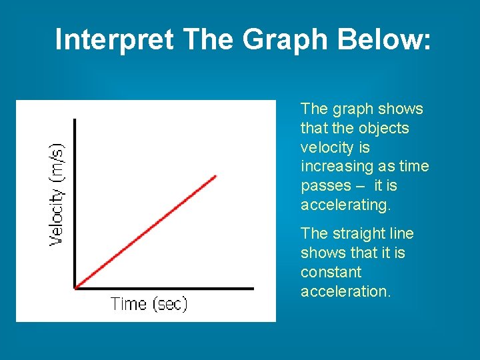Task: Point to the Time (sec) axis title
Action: click(149, 304)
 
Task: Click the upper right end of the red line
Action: click(216, 176)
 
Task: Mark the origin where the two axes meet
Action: click(75, 288)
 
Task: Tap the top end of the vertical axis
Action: click(75, 120)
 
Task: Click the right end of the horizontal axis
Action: click(253, 288)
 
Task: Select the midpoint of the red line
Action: click(145, 232)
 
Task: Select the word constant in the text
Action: click(331, 272)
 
